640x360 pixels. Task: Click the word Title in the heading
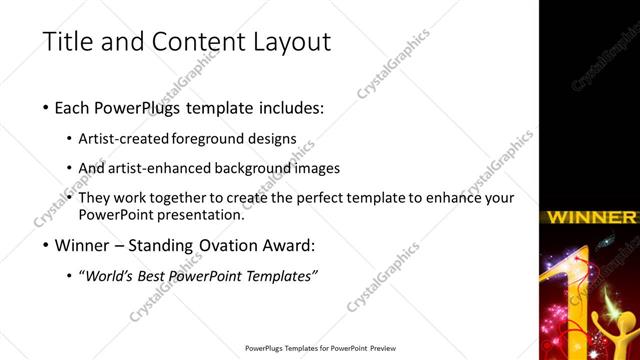(68, 43)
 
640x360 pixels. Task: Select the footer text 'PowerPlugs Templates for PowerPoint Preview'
(320, 349)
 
